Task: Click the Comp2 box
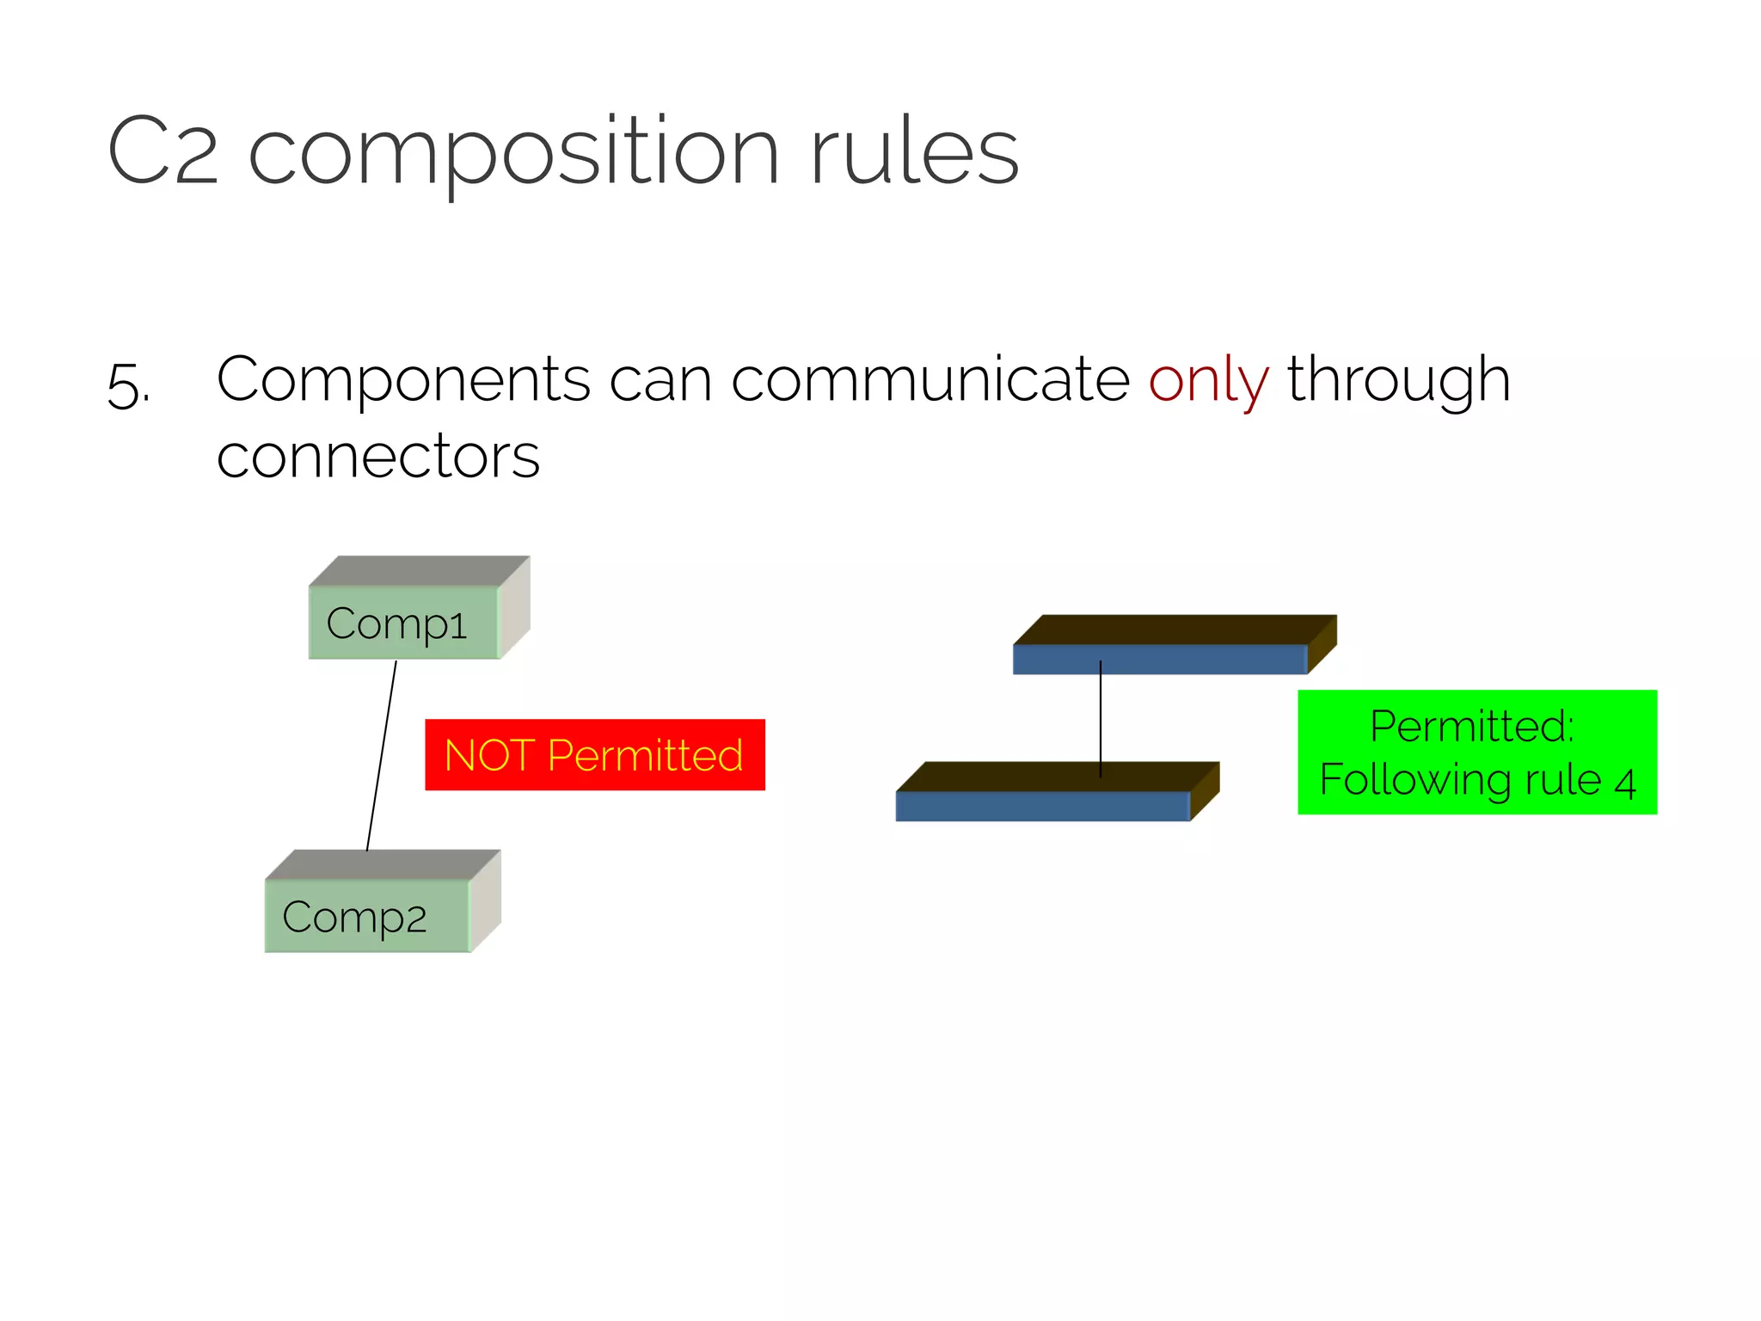pyautogui.click(x=368, y=916)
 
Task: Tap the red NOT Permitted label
pyautogui.click(x=594, y=754)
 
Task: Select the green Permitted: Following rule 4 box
pyautogui.click(x=1476, y=752)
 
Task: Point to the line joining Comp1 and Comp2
pyautogui.click(x=382, y=755)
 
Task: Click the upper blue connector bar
pyautogui.click(x=1159, y=659)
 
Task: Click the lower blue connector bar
pyautogui.click(x=1042, y=806)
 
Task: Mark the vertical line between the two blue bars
pyautogui.click(x=1101, y=718)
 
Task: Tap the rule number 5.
pyautogui.click(x=126, y=385)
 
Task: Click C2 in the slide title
pyautogui.click(x=163, y=151)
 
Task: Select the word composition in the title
pyautogui.click(x=513, y=153)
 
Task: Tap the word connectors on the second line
pyautogui.click(x=378, y=456)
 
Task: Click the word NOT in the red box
pyautogui.click(x=489, y=755)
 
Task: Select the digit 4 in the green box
pyautogui.click(x=1624, y=783)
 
